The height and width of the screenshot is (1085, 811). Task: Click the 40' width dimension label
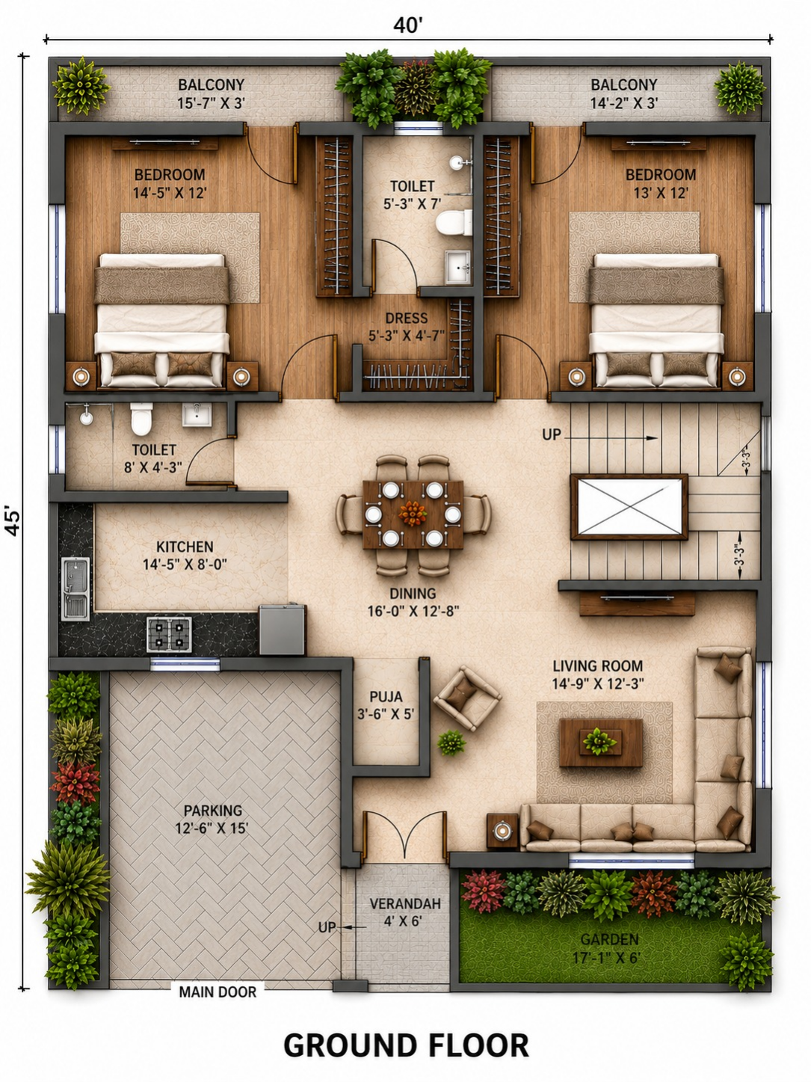[408, 25]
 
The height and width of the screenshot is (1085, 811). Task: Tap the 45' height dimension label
[13, 520]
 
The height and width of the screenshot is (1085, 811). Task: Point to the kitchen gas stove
[170, 634]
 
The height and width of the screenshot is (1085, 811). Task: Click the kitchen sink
[75, 588]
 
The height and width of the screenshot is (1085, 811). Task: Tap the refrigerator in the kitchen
[282, 630]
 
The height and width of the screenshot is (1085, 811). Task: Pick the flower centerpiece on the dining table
[413, 514]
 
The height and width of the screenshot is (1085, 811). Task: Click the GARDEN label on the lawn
[609, 939]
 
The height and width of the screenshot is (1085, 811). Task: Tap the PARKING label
[213, 811]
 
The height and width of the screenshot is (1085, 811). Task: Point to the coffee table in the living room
[601, 743]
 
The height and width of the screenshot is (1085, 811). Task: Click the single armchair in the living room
[466, 698]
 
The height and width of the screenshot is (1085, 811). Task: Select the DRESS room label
[407, 318]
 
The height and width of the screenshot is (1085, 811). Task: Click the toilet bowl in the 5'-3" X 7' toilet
[454, 222]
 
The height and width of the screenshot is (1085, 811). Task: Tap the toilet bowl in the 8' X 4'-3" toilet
[142, 419]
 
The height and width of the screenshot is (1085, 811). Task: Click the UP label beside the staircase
[552, 434]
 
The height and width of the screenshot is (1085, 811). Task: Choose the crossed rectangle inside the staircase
[629, 507]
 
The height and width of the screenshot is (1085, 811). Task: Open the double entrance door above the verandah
[404, 835]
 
